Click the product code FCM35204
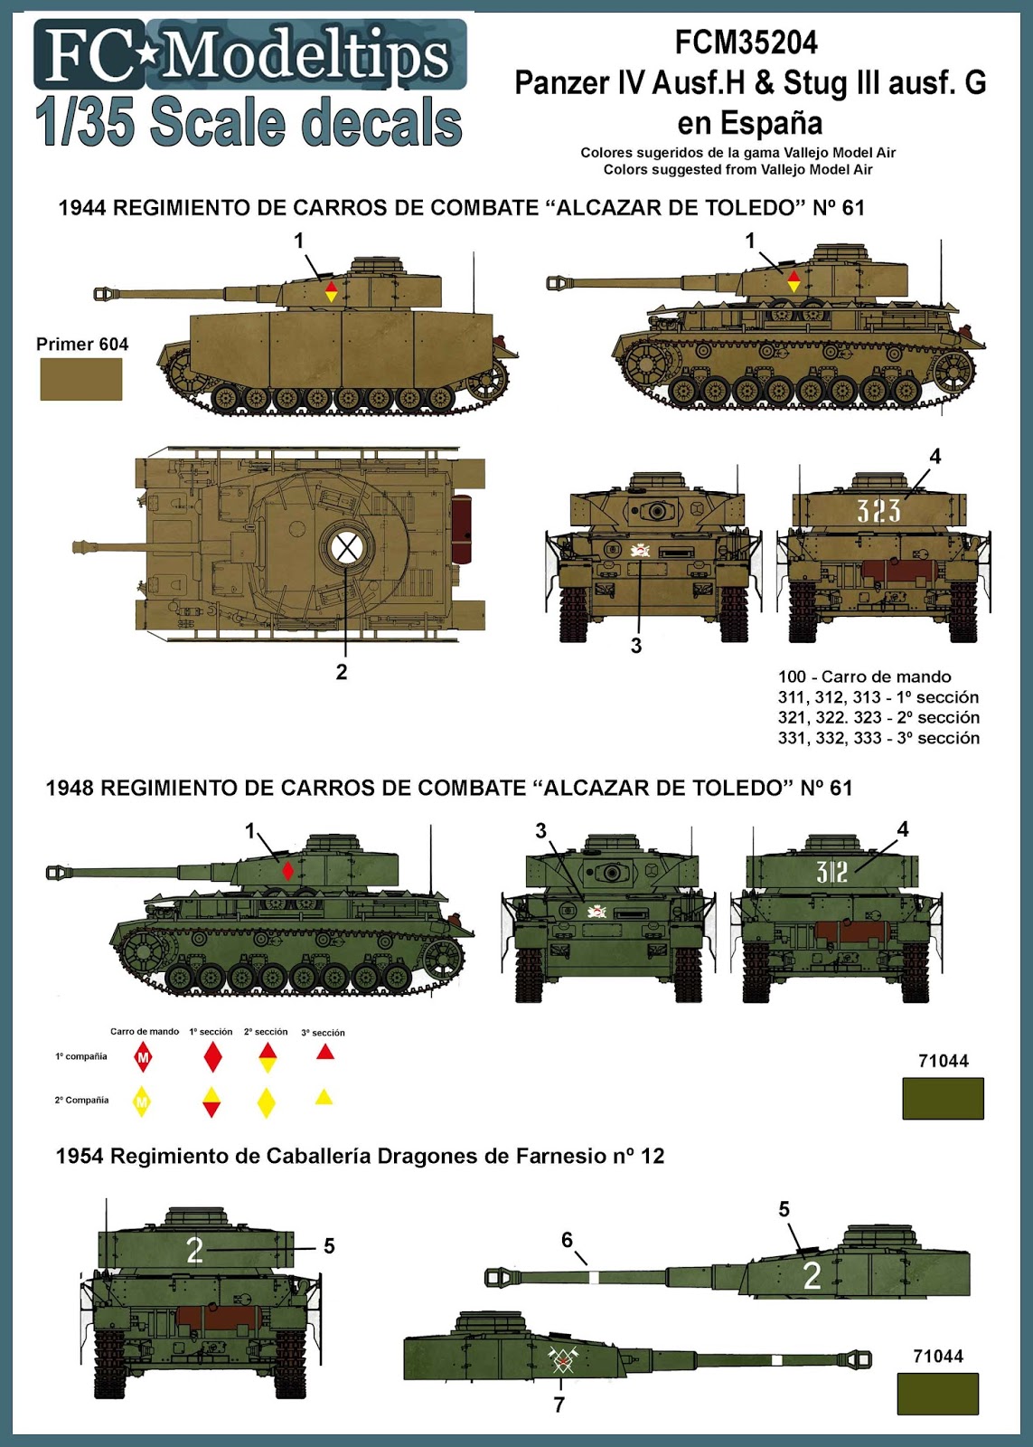click(747, 43)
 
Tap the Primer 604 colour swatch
click(81, 379)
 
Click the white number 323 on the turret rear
click(878, 512)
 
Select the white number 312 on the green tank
click(831, 872)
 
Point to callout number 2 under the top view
click(342, 672)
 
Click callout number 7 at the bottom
click(559, 1404)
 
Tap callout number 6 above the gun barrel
click(567, 1240)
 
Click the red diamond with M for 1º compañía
click(143, 1057)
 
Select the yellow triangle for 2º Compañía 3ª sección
click(324, 1097)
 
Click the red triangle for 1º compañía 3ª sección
click(325, 1052)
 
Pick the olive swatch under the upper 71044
click(943, 1099)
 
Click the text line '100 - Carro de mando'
click(864, 676)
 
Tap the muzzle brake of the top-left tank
click(105, 293)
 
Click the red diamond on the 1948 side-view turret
click(287, 871)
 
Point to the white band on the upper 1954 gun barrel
click(594, 1277)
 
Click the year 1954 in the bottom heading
click(80, 1156)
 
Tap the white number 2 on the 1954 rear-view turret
click(194, 1251)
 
